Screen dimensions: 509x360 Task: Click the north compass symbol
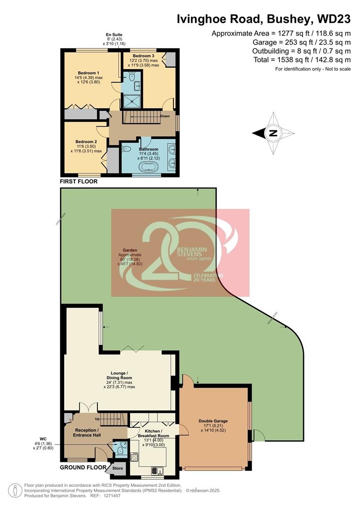point(272,133)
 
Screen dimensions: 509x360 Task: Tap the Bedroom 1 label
point(88,73)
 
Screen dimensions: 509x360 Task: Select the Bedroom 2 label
point(86,141)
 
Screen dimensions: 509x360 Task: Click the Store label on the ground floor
point(117,468)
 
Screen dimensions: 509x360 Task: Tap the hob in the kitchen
point(134,457)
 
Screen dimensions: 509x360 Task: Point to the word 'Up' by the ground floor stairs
point(97,419)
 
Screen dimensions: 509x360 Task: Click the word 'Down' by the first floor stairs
point(165,116)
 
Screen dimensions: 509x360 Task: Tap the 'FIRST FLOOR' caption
point(79,181)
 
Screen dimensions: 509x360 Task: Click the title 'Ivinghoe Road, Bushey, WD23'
point(263,19)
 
